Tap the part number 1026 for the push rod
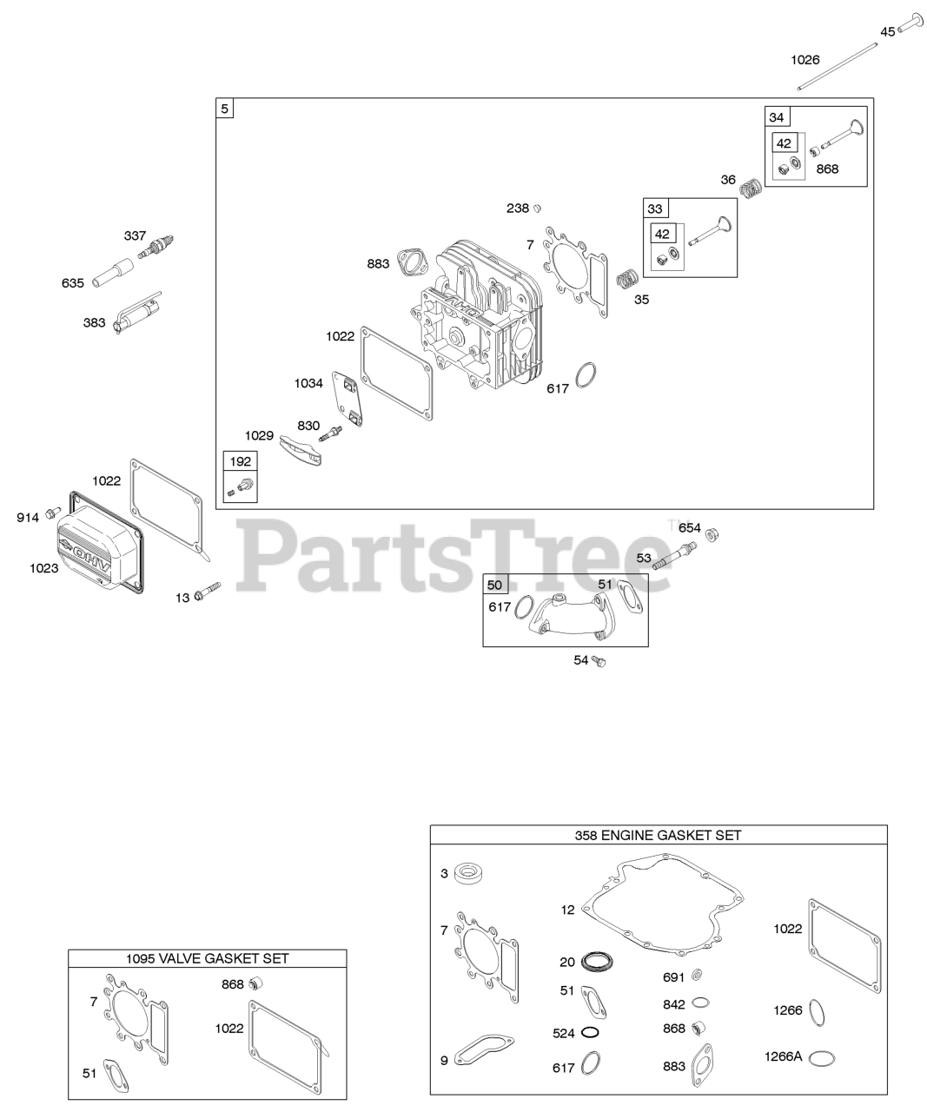coord(805,59)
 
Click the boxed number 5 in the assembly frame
coord(225,109)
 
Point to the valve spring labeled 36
coord(751,186)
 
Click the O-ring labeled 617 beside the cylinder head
coord(586,375)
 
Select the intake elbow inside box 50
coord(564,613)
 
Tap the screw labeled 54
coord(599,661)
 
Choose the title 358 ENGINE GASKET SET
coord(658,835)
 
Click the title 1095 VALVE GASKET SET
coord(208,958)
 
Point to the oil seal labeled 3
coord(470,872)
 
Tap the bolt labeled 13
coord(209,594)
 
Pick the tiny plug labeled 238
coord(538,208)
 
